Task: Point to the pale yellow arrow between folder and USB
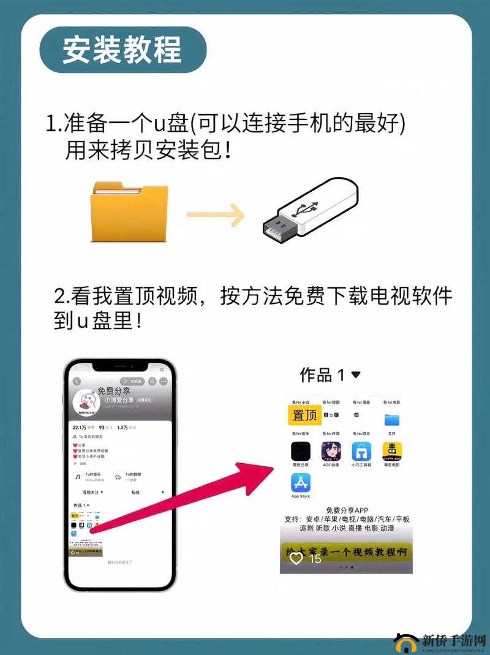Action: [216, 214]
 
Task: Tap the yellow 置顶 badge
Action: [304, 415]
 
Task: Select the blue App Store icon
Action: [301, 483]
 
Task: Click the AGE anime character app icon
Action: [331, 452]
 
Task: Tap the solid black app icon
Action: [301, 452]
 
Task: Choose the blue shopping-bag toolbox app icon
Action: [362, 452]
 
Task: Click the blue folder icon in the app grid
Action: [392, 420]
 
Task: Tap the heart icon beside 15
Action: [296, 558]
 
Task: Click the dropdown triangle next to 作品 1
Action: [355, 374]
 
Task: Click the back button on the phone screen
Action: [77, 381]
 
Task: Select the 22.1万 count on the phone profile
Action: [79, 427]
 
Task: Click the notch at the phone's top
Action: [120, 366]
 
